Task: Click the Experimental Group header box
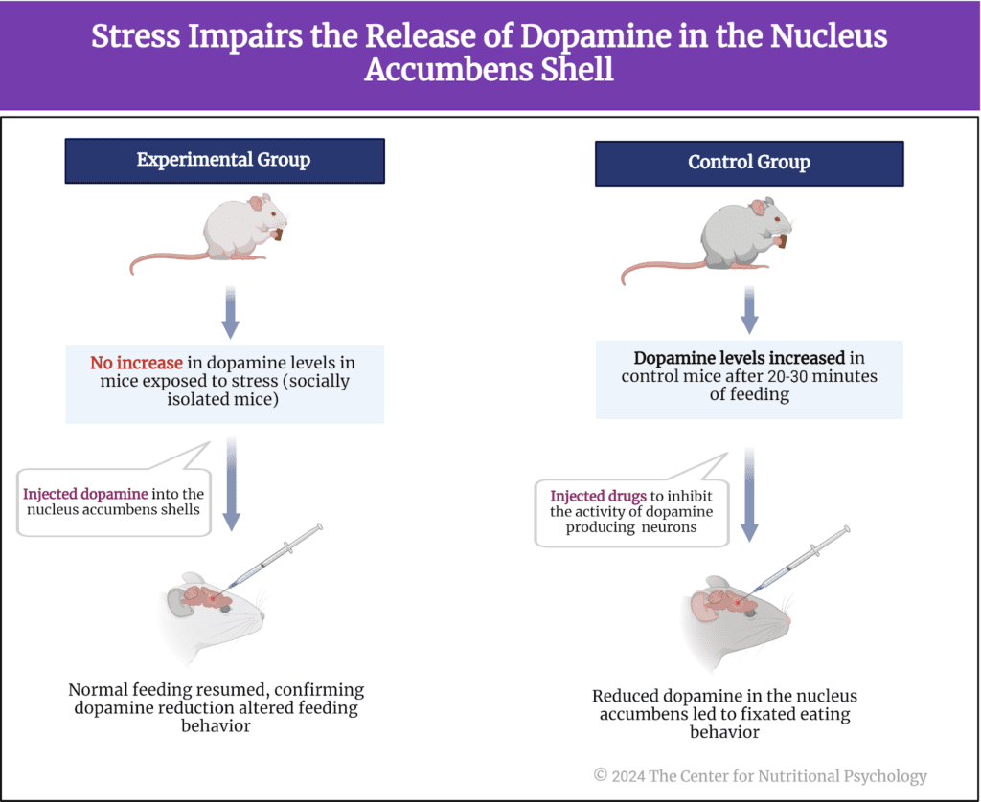224,160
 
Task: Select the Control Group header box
749,162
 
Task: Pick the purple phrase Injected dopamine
85,494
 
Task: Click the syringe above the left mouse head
277,555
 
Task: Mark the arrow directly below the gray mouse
749,311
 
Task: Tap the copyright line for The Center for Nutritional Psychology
760,776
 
